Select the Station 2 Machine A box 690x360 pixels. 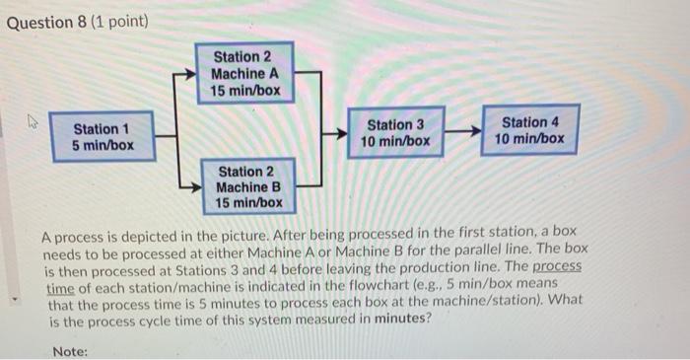(x=244, y=74)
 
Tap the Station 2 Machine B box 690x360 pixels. (x=248, y=187)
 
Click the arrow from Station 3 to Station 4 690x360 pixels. (x=462, y=132)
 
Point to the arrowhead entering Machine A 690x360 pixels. (x=187, y=74)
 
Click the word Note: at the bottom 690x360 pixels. (x=70, y=351)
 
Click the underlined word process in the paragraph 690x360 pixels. (x=558, y=267)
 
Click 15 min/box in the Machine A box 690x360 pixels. (x=245, y=91)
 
